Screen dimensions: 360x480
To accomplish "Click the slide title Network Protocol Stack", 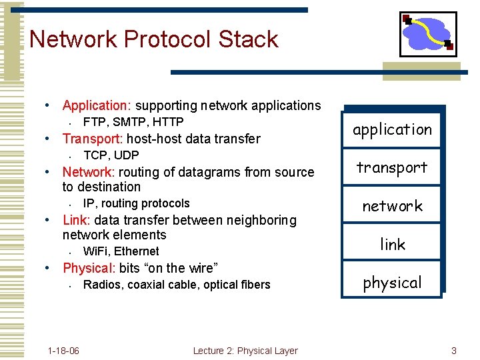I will click(x=154, y=39).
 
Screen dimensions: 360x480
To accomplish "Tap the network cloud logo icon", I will click(x=428, y=34).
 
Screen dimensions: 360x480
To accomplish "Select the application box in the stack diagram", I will click(x=392, y=129).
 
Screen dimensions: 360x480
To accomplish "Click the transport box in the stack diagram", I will click(x=392, y=167).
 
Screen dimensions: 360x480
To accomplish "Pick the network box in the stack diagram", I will click(x=392, y=206).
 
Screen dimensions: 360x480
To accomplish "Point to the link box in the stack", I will click(x=392, y=245).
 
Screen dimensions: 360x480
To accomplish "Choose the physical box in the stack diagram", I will click(x=392, y=283).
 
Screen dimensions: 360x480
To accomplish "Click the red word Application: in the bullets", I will click(x=97, y=105).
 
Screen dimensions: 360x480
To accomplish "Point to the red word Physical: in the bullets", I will click(x=89, y=268).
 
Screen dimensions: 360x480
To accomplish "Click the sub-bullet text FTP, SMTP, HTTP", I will click(x=133, y=122).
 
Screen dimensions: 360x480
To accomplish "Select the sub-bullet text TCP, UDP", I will click(x=111, y=155).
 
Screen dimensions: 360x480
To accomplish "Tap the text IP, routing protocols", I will click(x=136, y=203).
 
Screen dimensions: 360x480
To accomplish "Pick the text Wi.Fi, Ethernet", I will click(x=121, y=251).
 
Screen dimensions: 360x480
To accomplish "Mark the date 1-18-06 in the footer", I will click(x=63, y=351).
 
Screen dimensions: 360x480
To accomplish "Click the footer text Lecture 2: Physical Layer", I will click(x=245, y=351).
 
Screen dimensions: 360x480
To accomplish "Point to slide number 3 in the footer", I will click(x=453, y=351).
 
